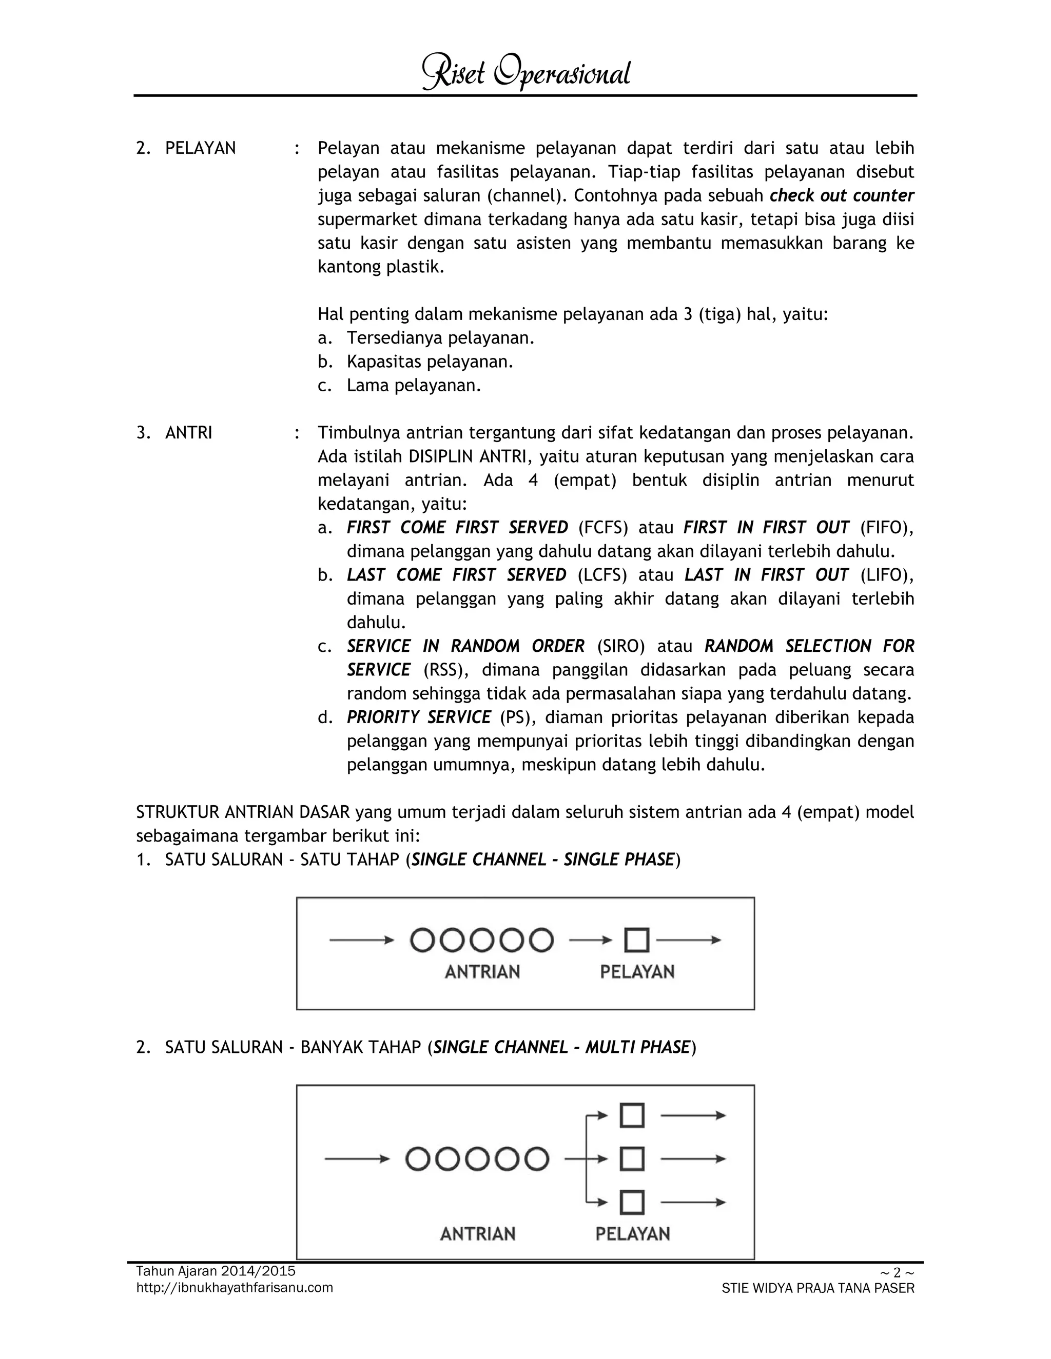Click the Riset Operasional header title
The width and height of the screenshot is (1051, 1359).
coord(526,73)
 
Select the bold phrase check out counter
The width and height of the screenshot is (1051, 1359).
coord(841,195)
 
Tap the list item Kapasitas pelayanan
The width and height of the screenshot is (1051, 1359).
coord(430,362)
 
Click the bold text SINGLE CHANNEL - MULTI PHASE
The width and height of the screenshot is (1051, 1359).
coord(561,1047)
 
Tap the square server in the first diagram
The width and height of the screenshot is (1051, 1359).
coord(636,940)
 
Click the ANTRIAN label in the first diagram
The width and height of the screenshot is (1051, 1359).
coord(482,972)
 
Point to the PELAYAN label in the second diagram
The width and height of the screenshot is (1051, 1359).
coord(633,1234)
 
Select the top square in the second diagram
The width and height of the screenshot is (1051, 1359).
coord(632,1116)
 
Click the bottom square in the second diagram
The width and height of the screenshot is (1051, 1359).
coord(632,1203)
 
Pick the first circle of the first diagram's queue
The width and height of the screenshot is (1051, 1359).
coord(422,940)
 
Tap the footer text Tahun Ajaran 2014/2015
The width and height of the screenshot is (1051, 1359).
coord(216,1271)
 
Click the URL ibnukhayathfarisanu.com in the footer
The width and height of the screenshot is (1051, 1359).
coord(234,1287)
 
